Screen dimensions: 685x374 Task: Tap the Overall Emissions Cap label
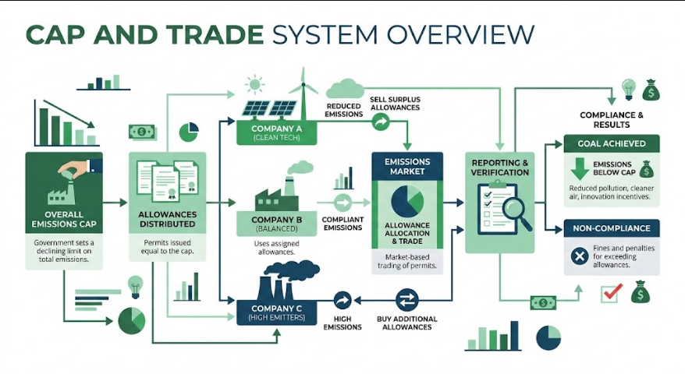[64, 220]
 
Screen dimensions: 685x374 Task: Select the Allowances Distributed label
[167, 220]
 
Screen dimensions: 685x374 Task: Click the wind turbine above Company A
[303, 93]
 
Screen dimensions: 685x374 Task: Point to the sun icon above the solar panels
[254, 85]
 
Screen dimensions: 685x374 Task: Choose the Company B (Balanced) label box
[276, 224]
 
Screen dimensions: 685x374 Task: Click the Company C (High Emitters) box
[276, 312]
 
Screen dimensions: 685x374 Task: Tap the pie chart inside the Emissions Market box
[407, 201]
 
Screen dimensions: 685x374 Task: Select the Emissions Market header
[407, 166]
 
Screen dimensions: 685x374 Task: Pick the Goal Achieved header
[612, 143]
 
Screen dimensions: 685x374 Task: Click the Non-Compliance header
[612, 228]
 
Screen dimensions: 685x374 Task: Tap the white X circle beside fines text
[579, 256]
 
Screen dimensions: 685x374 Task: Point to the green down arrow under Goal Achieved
[580, 169]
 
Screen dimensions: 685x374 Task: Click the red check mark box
[610, 294]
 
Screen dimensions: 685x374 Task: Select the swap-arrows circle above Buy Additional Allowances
[407, 300]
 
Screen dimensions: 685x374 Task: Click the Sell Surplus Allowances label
[395, 104]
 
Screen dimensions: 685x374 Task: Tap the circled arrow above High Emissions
[342, 300]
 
